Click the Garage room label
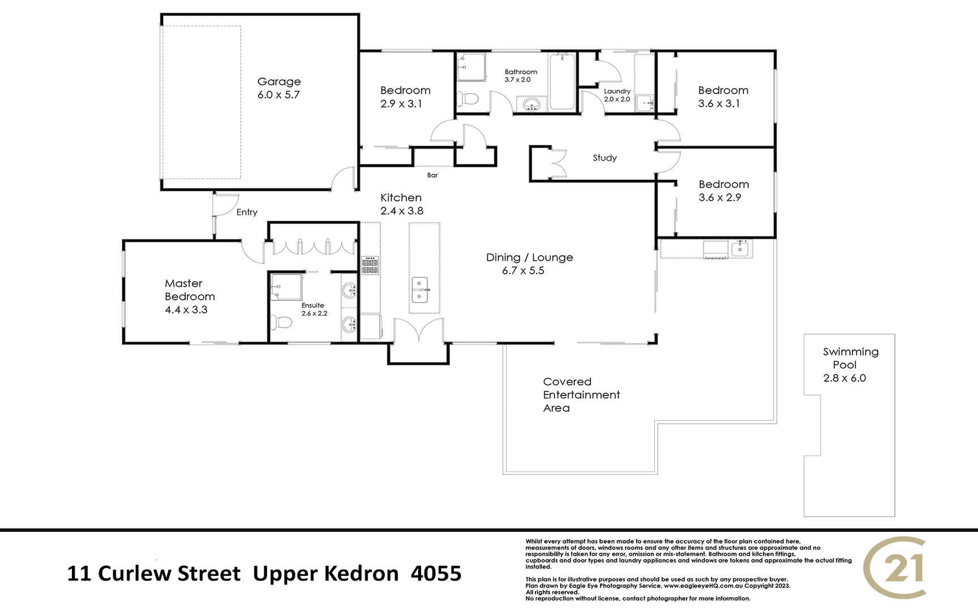point(279,82)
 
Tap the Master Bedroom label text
point(189,290)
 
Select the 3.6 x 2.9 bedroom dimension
point(719,197)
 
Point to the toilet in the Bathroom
point(468,100)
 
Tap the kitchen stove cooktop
point(371,265)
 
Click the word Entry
point(247,212)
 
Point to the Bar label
point(432,175)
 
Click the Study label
point(604,158)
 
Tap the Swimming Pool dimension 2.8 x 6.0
point(844,378)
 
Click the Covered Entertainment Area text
point(581,395)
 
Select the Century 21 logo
point(895,567)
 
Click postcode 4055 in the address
point(436,574)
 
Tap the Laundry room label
point(617,91)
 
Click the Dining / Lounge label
point(529,257)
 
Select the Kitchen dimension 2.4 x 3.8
point(401,211)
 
